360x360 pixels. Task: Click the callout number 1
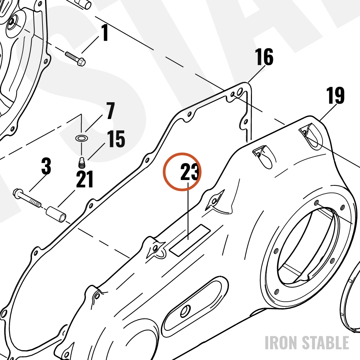coord(105,32)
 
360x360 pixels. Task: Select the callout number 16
coord(264,57)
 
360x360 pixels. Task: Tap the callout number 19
coord(335,95)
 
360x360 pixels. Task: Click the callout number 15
coord(116,139)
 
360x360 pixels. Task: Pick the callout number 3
coord(46,166)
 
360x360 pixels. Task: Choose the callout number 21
coord(85,179)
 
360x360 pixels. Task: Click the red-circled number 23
coord(190,172)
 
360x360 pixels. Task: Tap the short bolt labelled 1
coord(75,58)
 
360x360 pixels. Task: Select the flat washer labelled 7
coord(82,138)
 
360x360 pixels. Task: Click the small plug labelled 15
coord(81,163)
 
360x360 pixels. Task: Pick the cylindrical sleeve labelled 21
coord(56,215)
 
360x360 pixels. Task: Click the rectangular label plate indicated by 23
coord(190,240)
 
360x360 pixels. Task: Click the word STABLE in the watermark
coord(325,343)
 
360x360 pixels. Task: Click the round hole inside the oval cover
coord(185,311)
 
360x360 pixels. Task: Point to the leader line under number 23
coord(188,211)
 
